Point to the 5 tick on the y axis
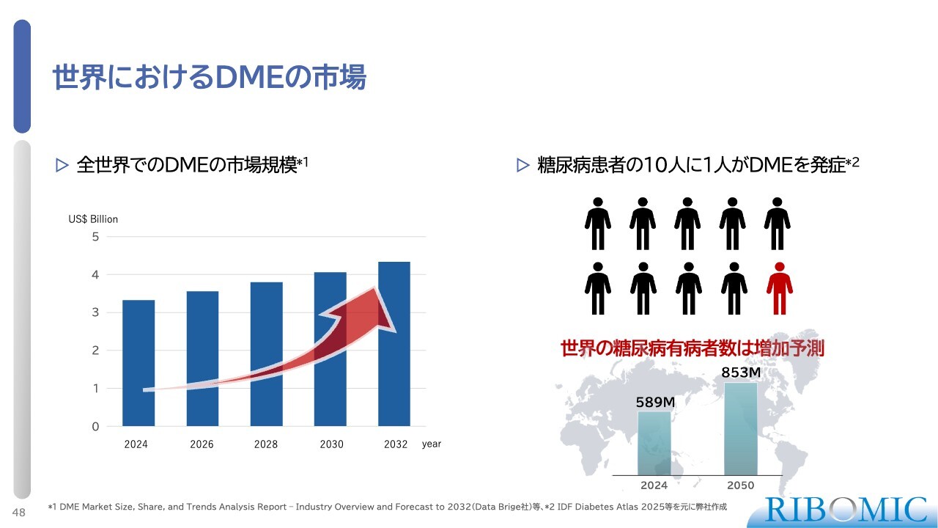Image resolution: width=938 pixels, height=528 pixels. click(95, 237)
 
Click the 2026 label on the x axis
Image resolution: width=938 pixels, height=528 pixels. click(202, 444)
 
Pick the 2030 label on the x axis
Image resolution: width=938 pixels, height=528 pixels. click(331, 444)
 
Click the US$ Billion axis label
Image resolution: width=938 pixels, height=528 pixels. click(93, 219)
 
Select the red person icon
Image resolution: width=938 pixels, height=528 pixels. click(778, 288)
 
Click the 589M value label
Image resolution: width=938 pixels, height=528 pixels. click(654, 402)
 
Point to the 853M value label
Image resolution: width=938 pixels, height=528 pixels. click(741, 373)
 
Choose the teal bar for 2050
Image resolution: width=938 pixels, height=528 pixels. click(740, 429)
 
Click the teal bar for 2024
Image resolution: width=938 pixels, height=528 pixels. click(654, 443)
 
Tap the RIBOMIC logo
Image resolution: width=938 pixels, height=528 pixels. click(846, 509)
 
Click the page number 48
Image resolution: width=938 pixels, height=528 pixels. click(19, 512)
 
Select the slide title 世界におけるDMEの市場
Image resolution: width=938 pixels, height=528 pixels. click(210, 78)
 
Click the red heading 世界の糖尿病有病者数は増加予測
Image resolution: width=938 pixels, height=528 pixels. click(692, 348)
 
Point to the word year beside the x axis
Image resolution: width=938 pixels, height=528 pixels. click(432, 444)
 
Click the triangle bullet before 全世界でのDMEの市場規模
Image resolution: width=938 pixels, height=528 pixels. click(62, 166)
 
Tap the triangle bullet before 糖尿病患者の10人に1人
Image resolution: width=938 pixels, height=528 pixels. click(522, 166)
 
